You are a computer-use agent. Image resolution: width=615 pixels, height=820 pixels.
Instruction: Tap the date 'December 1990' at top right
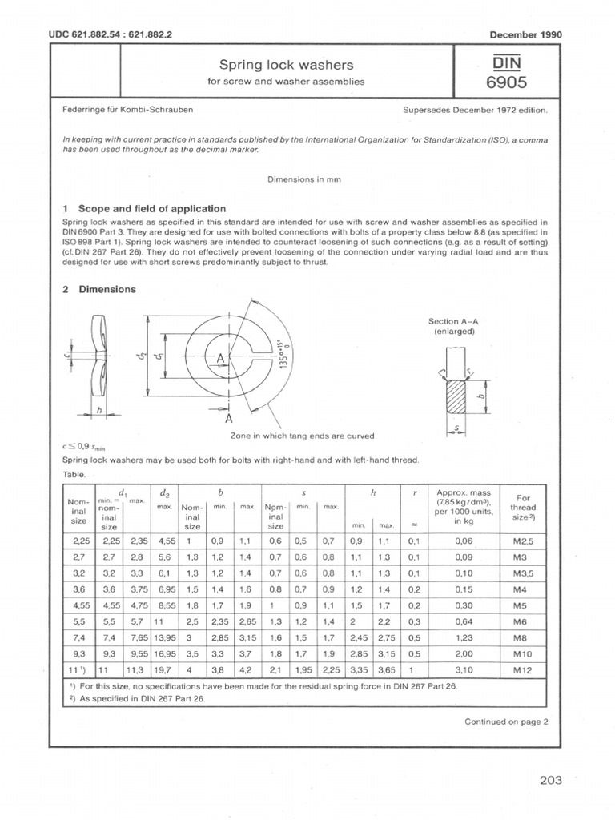tap(525, 34)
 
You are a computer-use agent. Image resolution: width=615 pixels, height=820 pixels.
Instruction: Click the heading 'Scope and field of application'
tap(144, 208)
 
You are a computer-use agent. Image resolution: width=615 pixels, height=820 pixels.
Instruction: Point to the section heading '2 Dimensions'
tap(99, 290)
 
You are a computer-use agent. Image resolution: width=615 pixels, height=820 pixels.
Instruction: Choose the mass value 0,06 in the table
tap(464, 541)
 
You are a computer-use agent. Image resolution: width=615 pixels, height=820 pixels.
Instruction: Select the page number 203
tap(551, 780)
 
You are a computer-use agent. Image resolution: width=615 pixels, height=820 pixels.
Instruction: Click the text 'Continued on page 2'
tap(506, 722)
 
